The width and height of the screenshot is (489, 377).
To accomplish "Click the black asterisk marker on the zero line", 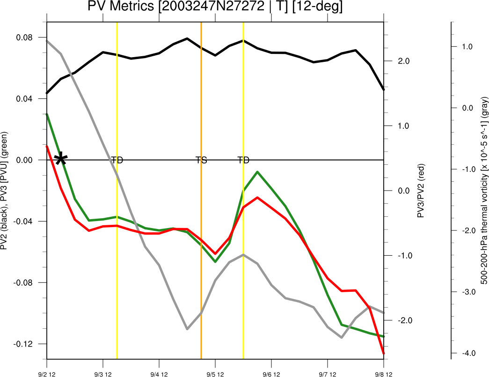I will point(60,159).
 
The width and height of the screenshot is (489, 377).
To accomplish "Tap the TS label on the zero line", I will point(201,160).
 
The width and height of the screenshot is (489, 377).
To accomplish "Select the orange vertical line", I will point(201,234).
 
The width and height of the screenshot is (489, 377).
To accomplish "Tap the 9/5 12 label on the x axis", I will point(215,374).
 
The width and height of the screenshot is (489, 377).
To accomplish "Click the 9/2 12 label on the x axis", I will point(47,374).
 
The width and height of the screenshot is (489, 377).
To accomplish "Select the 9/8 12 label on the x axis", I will point(383,374).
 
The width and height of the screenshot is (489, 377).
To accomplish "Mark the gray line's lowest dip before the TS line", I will point(187,329).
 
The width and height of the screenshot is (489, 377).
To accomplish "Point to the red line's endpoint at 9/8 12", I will point(383,353).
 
